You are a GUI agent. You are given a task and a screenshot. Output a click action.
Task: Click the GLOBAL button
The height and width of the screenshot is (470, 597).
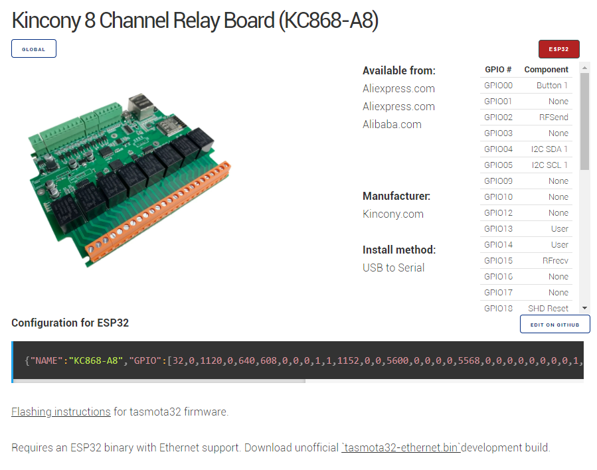tap(34, 49)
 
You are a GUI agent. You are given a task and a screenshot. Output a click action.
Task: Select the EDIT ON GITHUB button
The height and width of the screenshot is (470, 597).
tap(554, 325)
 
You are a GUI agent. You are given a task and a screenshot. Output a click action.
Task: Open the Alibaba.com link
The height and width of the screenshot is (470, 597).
tap(392, 124)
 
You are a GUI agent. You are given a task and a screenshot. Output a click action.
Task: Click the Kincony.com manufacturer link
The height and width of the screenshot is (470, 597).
tap(392, 214)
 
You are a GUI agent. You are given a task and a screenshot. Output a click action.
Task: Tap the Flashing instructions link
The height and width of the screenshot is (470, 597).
tap(61, 412)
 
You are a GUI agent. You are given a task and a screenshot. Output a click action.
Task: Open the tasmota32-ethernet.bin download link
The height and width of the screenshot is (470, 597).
tap(400, 447)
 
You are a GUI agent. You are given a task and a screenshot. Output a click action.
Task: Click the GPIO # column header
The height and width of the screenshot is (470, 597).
tap(498, 70)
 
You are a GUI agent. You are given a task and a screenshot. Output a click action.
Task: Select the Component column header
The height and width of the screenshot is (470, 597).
tap(546, 70)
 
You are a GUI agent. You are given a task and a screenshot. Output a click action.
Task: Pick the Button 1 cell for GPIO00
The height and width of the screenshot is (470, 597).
tap(552, 86)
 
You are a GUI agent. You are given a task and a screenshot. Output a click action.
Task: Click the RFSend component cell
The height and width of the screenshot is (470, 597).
tap(553, 118)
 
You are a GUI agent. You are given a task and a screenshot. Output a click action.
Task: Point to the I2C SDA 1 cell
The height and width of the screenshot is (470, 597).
tap(549, 149)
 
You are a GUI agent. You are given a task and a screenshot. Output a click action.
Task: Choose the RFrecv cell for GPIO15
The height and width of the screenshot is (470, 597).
tap(555, 261)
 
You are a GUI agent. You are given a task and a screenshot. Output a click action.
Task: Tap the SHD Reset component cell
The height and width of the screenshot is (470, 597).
tap(548, 309)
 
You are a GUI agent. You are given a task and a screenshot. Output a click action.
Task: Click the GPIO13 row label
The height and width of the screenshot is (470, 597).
tap(498, 229)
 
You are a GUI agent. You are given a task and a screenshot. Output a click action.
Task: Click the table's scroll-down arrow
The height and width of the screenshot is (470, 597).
tap(584, 308)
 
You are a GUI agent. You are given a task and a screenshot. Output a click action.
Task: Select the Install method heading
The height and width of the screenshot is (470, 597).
tap(398, 250)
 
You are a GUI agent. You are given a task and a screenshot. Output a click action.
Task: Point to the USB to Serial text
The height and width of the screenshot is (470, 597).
tap(393, 268)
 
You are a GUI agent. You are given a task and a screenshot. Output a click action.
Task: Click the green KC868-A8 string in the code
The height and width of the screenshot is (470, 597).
tap(96, 360)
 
